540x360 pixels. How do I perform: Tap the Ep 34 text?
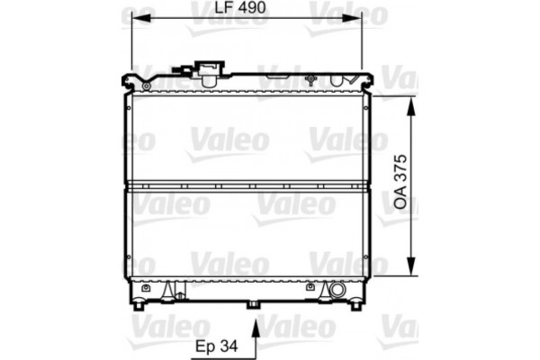point(216,344)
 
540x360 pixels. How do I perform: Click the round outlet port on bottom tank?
point(337,290)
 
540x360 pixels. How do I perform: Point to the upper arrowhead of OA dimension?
point(412,103)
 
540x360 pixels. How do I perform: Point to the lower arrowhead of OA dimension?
point(412,269)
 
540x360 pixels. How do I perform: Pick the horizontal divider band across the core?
point(247,186)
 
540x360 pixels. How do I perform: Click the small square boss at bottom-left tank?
point(170,289)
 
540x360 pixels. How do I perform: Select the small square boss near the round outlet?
point(311,289)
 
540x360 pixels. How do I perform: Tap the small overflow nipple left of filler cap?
point(187,69)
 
